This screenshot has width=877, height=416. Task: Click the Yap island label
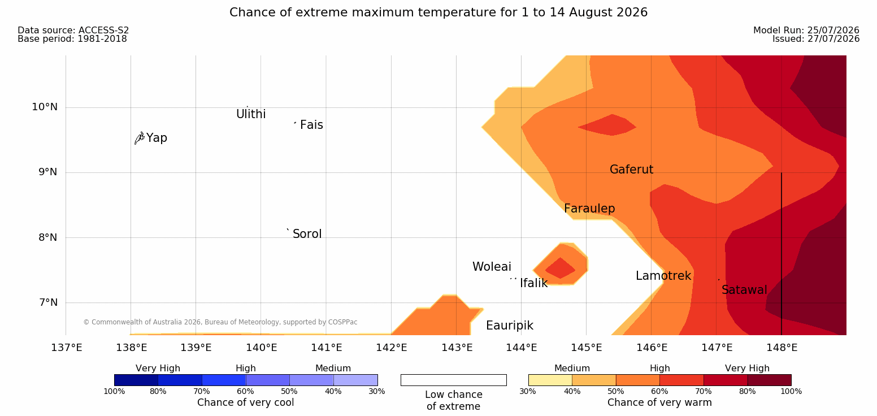[157, 138]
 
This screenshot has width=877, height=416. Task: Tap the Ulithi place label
[251, 114]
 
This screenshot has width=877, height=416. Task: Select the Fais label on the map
[312, 125]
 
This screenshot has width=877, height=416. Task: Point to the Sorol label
[307, 234]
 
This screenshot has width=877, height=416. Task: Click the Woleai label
[492, 267]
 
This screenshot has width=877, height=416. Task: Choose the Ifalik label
[533, 283]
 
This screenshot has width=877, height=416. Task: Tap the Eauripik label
[510, 326]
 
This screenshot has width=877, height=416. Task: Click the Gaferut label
[632, 170]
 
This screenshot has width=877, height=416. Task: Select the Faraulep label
[589, 209]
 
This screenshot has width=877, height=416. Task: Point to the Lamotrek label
[663, 276]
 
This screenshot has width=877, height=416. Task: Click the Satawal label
[744, 290]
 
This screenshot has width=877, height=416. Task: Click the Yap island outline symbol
[140, 138]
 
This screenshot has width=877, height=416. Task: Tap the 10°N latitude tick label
[45, 107]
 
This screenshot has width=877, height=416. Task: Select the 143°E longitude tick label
[457, 348]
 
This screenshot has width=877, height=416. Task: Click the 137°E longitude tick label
[67, 348]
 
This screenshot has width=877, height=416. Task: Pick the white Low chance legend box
[453, 380]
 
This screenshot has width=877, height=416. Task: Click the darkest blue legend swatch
[136, 380]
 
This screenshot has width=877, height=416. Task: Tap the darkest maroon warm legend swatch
[769, 380]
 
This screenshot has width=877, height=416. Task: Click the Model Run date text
[806, 30]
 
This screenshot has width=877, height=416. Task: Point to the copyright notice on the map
[220, 322]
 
